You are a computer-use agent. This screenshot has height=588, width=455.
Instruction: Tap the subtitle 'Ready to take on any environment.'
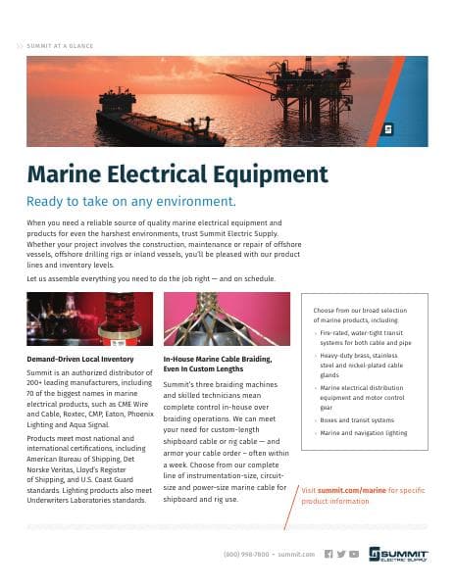132,202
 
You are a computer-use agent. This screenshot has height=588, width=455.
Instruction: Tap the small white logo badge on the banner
388,127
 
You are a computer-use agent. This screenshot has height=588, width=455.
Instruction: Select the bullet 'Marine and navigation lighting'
364,432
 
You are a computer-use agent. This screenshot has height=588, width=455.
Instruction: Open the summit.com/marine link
343,489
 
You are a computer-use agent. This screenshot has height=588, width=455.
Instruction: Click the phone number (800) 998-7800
248,554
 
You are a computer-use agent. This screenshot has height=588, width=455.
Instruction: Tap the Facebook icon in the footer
329,554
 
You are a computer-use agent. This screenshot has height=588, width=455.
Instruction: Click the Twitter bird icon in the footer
341,554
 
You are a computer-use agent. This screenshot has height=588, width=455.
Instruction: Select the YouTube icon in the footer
354,554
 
